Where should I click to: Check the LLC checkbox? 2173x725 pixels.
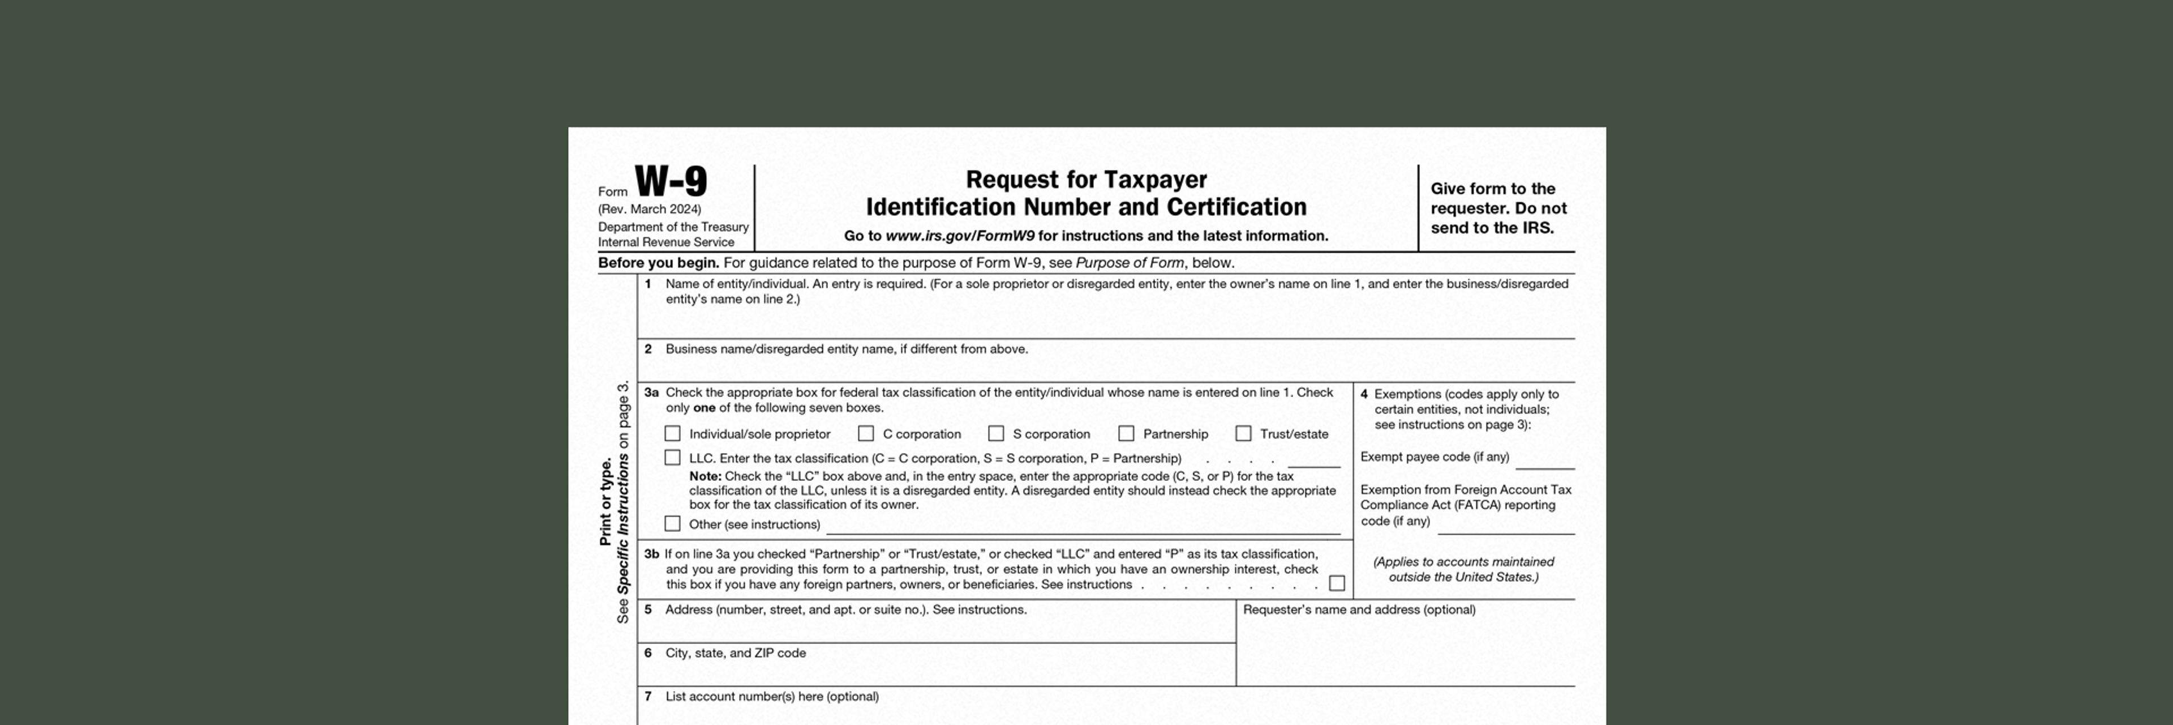[672, 458]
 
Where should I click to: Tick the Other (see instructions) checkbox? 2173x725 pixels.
[672, 523]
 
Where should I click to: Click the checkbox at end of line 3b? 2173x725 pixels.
[1337, 583]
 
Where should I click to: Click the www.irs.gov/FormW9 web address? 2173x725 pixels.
[959, 236]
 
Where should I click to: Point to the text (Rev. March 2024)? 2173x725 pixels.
[650, 210]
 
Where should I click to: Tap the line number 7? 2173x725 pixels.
[648, 696]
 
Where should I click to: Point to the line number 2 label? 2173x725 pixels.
[648, 348]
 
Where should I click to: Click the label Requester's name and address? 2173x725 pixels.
[1359, 609]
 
